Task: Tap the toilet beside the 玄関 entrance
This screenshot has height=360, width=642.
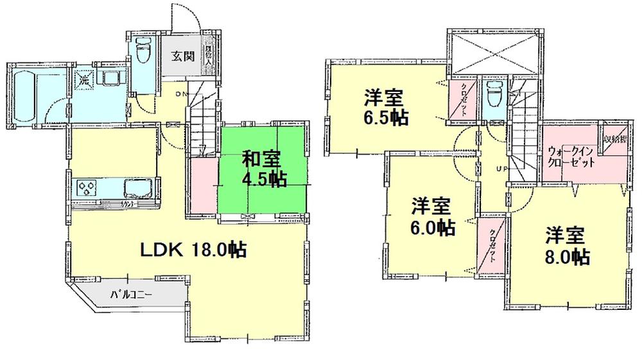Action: (x=143, y=50)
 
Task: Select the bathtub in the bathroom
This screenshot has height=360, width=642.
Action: (x=24, y=94)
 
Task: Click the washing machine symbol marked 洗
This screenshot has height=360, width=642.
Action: (x=84, y=80)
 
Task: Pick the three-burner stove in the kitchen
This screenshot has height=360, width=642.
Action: (x=86, y=188)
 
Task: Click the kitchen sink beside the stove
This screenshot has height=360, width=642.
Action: (x=135, y=189)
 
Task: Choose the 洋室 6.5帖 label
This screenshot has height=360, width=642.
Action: (x=383, y=109)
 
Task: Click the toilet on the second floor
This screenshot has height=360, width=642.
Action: (x=494, y=96)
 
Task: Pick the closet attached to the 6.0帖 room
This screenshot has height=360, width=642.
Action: (x=492, y=244)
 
